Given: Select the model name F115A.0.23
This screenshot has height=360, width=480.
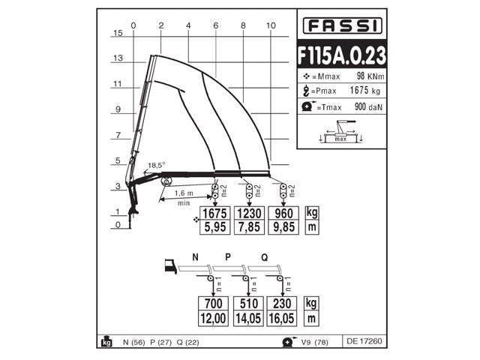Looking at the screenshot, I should coord(341,56).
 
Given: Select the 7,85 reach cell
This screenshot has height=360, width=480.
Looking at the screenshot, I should coord(248,226).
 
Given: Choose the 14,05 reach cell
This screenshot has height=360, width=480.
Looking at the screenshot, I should coord(248,318).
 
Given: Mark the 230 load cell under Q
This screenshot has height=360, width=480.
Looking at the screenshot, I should coord(282,304).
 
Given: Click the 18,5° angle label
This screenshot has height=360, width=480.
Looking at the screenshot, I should coord(156,165).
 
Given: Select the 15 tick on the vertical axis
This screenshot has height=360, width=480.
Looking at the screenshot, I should coord(117,33).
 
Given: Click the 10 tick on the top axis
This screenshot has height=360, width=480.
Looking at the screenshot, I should coord(271,25).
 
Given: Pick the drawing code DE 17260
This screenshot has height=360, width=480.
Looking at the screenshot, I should coord(364,341).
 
